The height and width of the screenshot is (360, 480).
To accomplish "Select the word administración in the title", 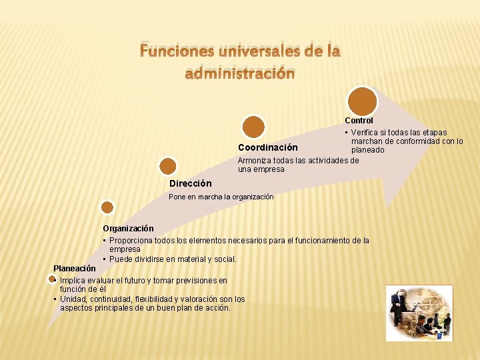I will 239,73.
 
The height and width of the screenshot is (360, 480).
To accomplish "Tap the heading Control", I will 359,121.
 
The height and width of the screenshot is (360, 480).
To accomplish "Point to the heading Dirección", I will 191,183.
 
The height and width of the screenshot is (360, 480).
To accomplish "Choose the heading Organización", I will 128,229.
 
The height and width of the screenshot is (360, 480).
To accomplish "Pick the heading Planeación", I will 75,268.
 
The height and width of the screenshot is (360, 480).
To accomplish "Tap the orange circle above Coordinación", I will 253,127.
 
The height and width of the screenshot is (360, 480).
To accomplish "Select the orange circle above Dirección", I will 169,166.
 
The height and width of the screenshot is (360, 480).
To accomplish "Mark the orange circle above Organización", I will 107,209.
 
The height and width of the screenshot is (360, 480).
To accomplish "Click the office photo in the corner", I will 419,313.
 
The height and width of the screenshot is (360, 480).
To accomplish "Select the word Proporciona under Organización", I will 131,240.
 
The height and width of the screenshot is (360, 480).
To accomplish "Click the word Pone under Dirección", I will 177,197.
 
